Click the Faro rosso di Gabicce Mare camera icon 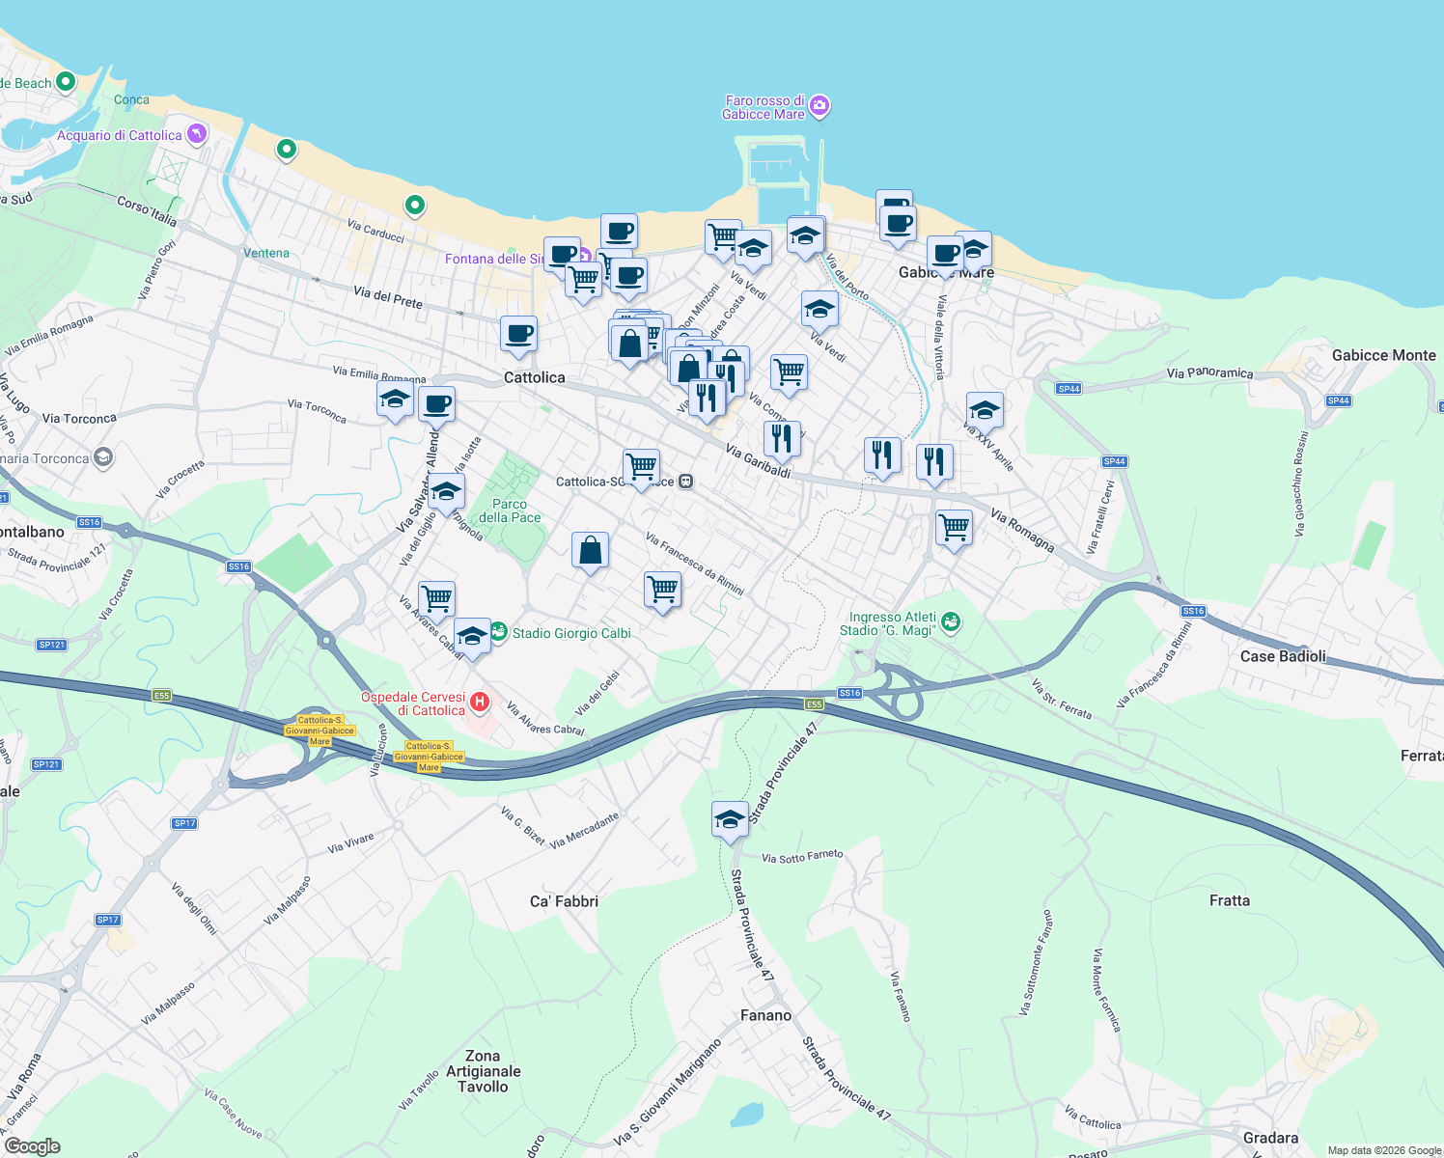819,105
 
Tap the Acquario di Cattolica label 119,136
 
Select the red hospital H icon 480,702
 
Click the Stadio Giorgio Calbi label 571,634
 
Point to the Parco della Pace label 510,510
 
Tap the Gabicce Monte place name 1383,355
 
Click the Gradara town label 1270,1138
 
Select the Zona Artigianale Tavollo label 483,1071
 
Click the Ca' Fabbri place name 564,901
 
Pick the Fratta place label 1229,900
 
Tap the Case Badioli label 1282,656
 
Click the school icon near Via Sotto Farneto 730,819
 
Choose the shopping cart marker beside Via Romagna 954,527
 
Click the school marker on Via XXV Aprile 984,410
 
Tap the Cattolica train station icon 685,482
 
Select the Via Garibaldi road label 758,461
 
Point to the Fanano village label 765,1015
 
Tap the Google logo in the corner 32,1146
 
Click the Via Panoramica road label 1209,372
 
